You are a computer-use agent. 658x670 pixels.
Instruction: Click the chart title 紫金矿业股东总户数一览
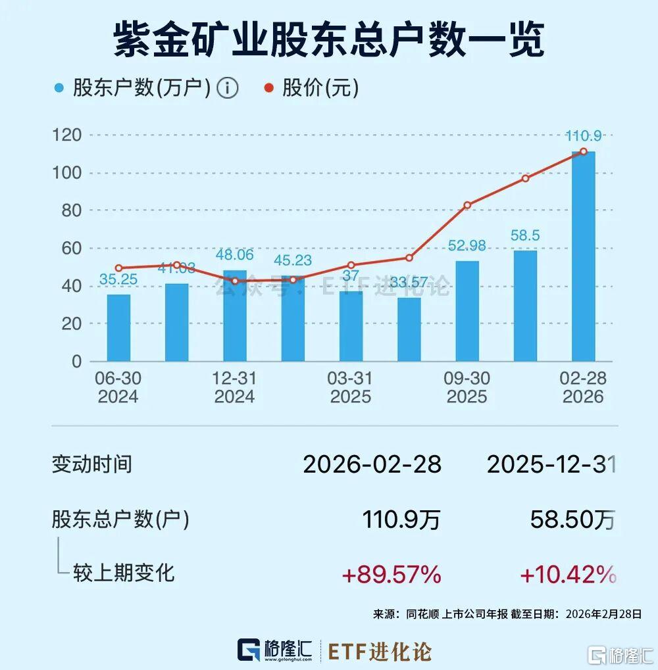click(329, 41)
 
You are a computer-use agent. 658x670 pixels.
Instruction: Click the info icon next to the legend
click(228, 88)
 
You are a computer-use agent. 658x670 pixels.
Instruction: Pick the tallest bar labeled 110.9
click(583, 256)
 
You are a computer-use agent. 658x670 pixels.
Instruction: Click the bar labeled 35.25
click(118, 327)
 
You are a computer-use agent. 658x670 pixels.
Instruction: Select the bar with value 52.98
click(467, 311)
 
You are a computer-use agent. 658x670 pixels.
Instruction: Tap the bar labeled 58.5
click(525, 306)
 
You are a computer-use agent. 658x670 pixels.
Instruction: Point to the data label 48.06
click(235, 255)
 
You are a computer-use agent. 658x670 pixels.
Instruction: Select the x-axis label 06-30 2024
click(118, 387)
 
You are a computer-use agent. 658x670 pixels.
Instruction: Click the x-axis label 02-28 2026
click(583, 387)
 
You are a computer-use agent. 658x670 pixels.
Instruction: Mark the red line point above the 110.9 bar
click(583, 152)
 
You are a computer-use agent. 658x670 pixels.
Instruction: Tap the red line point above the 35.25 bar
click(118, 268)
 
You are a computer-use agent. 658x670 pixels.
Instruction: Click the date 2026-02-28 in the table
click(372, 465)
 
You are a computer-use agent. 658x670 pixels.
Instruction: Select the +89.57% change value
click(391, 575)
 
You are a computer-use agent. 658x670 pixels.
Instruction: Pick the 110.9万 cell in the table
click(401, 521)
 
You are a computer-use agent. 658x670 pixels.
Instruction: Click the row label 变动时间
click(91, 464)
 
